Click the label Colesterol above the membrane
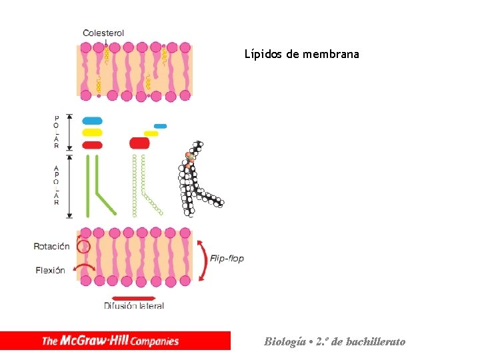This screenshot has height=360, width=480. pyautogui.click(x=103, y=33)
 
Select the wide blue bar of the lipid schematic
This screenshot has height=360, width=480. pyautogui.click(x=92, y=121)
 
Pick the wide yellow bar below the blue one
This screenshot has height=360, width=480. pyautogui.click(x=92, y=133)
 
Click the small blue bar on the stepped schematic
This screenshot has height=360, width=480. pyautogui.click(x=160, y=126)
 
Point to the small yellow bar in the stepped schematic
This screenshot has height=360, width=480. pyautogui.click(x=151, y=133)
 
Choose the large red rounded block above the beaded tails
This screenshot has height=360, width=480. pyautogui.click(x=139, y=143)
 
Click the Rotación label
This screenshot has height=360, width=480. pyautogui.click(x=51, y=246)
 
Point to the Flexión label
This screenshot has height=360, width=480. pyautogui.click(x=50, y=270)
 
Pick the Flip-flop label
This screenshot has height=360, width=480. pyautogui.click(x=227, y=258)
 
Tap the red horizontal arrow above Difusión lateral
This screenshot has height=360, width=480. pyautogui.click(x=133, y=298)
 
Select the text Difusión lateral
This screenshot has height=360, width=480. pyautogui.click(x=133, y=306)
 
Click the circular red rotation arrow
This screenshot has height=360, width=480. pyautogui.click(x=83, y=246)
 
